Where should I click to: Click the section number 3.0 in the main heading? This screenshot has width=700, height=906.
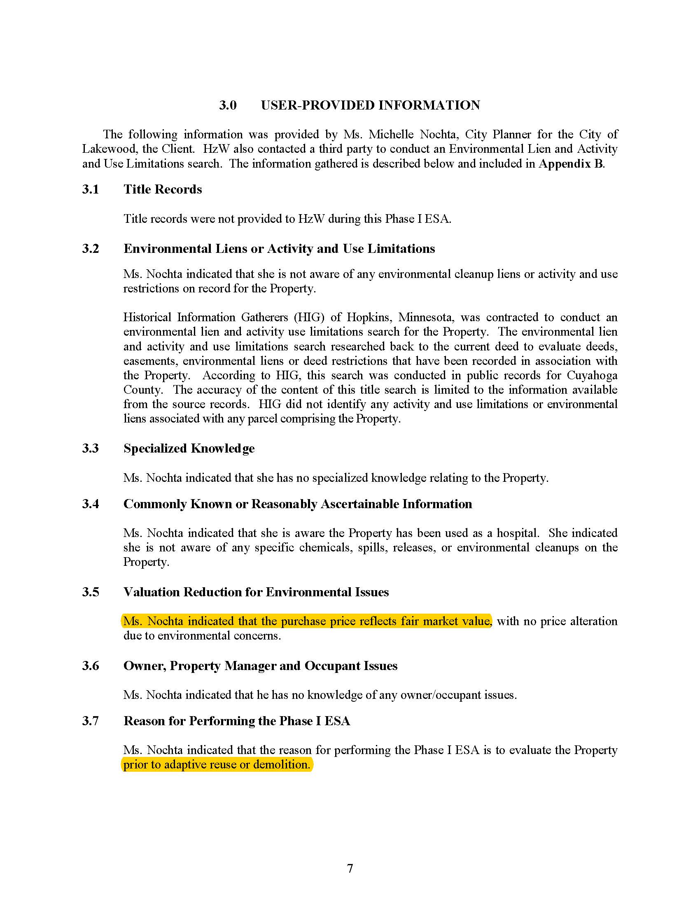click(228, 105)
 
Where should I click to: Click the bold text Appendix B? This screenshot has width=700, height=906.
click(571, 163)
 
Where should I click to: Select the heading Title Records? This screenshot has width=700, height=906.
click(163, 189)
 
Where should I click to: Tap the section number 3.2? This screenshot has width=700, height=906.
click(91, 248)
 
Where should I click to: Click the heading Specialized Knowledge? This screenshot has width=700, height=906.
click(189, 448)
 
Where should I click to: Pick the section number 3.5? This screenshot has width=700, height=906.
click(91, 592)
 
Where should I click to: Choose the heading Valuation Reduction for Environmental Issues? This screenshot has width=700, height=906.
click(256, 592)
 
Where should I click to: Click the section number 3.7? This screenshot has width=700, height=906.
click(91, 721)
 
